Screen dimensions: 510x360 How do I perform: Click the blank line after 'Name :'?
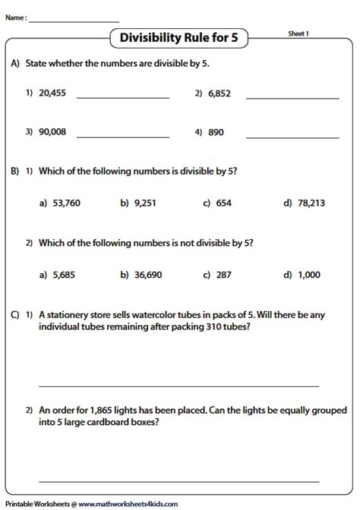pos(74,19)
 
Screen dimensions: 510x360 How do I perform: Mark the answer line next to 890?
pos(292,137)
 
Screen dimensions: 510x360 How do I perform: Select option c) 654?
pos(223,203)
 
